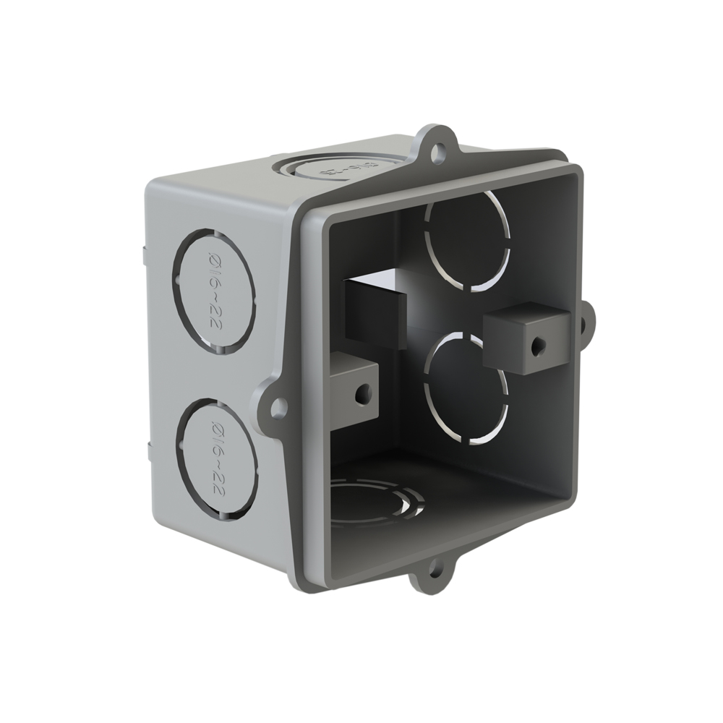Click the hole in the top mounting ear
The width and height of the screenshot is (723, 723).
(436, 152)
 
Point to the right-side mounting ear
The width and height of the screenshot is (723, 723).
(588, 320)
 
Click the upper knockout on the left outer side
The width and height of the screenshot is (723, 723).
(214, 291)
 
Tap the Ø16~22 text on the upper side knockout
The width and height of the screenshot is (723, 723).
(215, 293)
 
